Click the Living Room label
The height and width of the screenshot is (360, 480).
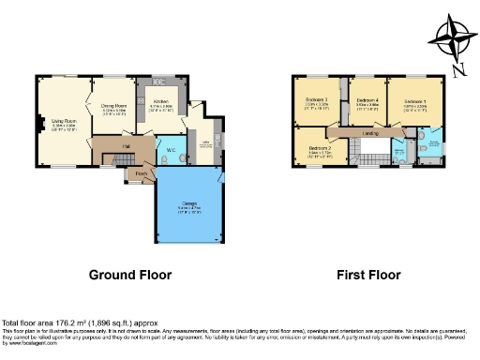(x=64, y=120)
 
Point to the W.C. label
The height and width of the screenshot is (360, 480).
(x=172, y=150)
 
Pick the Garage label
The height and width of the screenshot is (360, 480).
(x=189, y=208)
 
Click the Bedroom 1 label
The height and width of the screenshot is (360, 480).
(x=415, y=100)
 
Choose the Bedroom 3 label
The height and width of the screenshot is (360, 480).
(x=316, y=100)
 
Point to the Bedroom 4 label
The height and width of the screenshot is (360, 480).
(x=367, y=100)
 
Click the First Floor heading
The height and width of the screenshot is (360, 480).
(x=368, y=276)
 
